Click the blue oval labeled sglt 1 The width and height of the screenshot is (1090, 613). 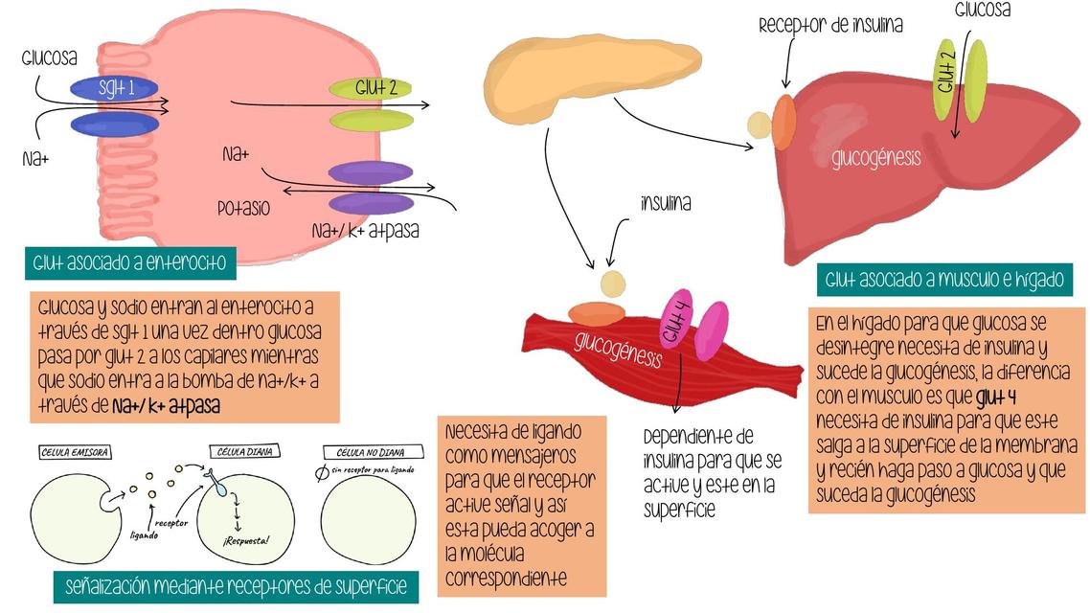coord(114,89)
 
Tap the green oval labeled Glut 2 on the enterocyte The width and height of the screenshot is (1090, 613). coord(370,88)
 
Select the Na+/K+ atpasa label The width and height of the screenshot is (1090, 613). coord(365,231)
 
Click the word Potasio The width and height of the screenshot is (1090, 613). coord(243,208)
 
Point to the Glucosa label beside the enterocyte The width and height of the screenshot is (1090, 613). coord(49,58)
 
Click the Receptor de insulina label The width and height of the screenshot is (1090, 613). coord(830,26)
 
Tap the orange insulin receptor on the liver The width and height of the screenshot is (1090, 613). coord(783,121)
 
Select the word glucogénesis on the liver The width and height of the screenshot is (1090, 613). coord(875,157)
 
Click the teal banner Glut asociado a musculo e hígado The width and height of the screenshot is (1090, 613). coord(943,281)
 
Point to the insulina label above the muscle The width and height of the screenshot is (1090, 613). coord(666,204)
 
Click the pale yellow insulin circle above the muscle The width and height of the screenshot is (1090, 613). coord(611,284)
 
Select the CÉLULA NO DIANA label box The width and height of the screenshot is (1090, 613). coord(364,452)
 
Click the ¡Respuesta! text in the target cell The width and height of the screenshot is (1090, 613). coord(246,540)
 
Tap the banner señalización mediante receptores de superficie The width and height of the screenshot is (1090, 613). coord(236,585)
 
